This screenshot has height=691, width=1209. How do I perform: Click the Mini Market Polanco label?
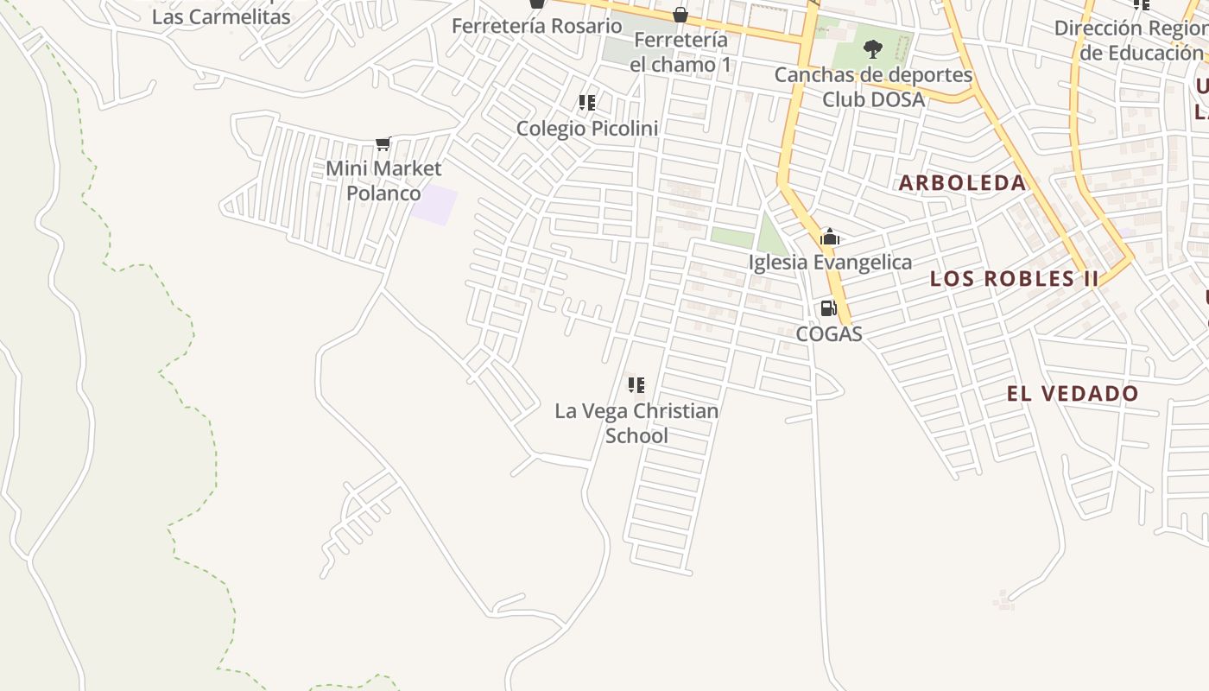click(383, 181)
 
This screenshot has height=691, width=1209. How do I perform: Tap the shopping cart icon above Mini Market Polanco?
click(383, 143)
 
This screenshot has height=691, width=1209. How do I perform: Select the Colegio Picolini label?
click(587, 129)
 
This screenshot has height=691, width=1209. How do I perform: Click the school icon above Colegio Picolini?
click(587, 103)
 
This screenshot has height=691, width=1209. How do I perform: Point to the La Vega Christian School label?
click(636, 422)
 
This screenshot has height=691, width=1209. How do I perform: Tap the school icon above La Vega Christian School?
click(636, 384)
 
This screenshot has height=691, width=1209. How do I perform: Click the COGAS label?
click(829, 334)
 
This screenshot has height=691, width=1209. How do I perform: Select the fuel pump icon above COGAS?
click(828, 308)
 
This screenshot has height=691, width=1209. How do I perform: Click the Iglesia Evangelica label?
click(830, 263)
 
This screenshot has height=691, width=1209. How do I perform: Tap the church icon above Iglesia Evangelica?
click(830, 237)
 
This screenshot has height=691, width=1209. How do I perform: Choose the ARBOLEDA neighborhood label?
click(963, 183)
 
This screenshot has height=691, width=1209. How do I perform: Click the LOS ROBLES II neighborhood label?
click(1015, 279)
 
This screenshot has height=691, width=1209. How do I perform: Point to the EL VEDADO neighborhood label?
click(1073, 394)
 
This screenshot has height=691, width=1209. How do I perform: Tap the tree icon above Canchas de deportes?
click(873, 48)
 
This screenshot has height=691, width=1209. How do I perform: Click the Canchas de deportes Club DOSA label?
click(873, 87)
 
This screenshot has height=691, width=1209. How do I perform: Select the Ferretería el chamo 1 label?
click(680, 53)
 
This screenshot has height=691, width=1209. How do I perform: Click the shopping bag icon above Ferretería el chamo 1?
click(680, 15)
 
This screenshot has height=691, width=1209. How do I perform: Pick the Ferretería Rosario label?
click(536, 26)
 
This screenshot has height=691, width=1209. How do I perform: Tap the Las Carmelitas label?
click(221, 16)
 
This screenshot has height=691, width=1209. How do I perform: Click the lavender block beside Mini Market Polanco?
click(434, 205)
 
